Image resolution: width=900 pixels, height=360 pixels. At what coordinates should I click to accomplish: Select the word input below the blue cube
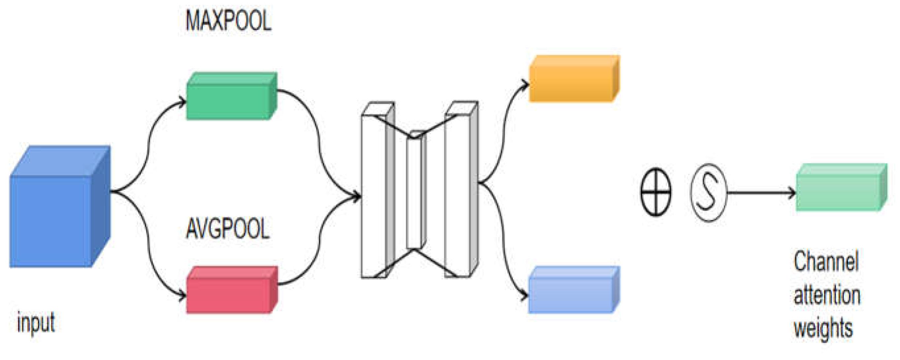[x=36, y=323]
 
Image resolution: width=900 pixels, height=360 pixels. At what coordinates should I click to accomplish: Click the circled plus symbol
[x=656, y=192]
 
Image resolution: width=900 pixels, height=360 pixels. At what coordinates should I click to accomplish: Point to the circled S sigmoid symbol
[x=708, y=192]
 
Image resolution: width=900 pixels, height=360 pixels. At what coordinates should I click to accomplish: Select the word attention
[x=827, y=295]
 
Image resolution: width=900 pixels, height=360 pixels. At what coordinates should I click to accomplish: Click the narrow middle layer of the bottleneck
[x=415, y=192]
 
